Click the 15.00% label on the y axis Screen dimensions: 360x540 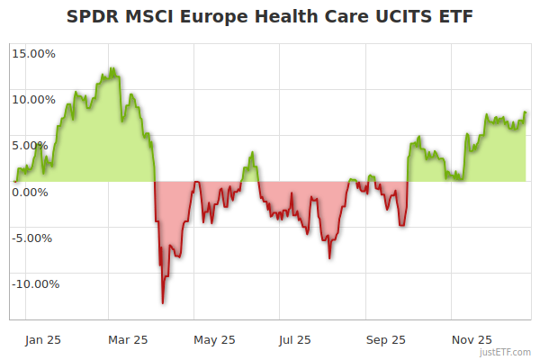pyautogui.click(x=33, y=53)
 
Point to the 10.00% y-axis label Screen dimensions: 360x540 pyautogui.click(x=33, y=99)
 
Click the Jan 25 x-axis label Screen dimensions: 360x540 pyautogui.click(x=44, y=339)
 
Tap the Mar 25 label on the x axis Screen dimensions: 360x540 pyautogui.click(x=128, y=339)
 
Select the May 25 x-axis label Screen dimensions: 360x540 pyautogui.click(x=214, y=339)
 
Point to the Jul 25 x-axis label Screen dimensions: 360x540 pyautogui.click(x=294, y=339)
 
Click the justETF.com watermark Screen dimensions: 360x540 pyautogui.click(x=506, y=353)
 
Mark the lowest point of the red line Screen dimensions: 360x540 pyautogui.click(x=163, y=303)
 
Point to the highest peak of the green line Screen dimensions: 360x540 pyautogui.click(x=112, y=67)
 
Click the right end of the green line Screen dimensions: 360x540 pyautogui.click(x=526, y=112)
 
